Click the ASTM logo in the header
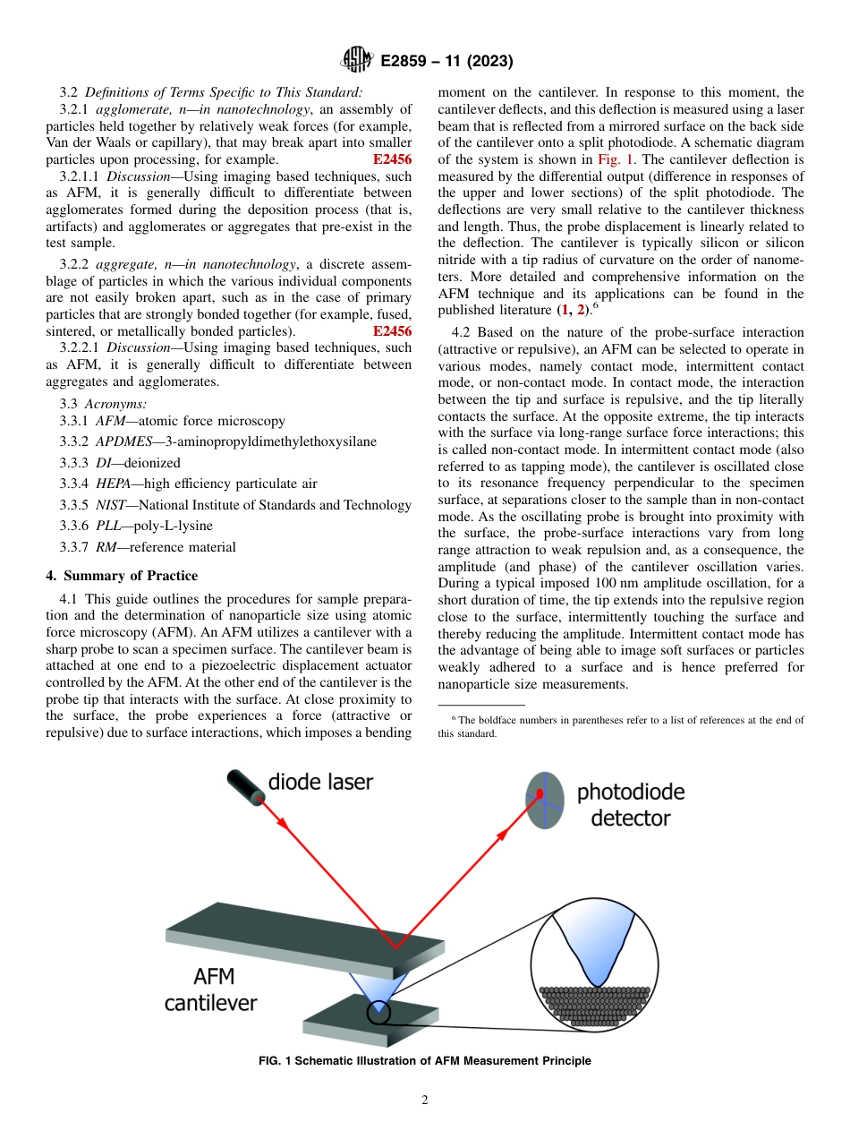click(x=356, y=61)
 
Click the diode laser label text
click(x=320, y=782)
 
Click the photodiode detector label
click(x=630, y=804)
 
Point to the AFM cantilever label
click(x=210, y=989)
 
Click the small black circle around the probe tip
click(x=378, y=1012)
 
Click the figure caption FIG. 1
click(x=424, y=1061)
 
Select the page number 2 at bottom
click(x=425, y=1100)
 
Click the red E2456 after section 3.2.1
click(x=392, y=159)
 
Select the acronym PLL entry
click(x=109, y=526)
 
